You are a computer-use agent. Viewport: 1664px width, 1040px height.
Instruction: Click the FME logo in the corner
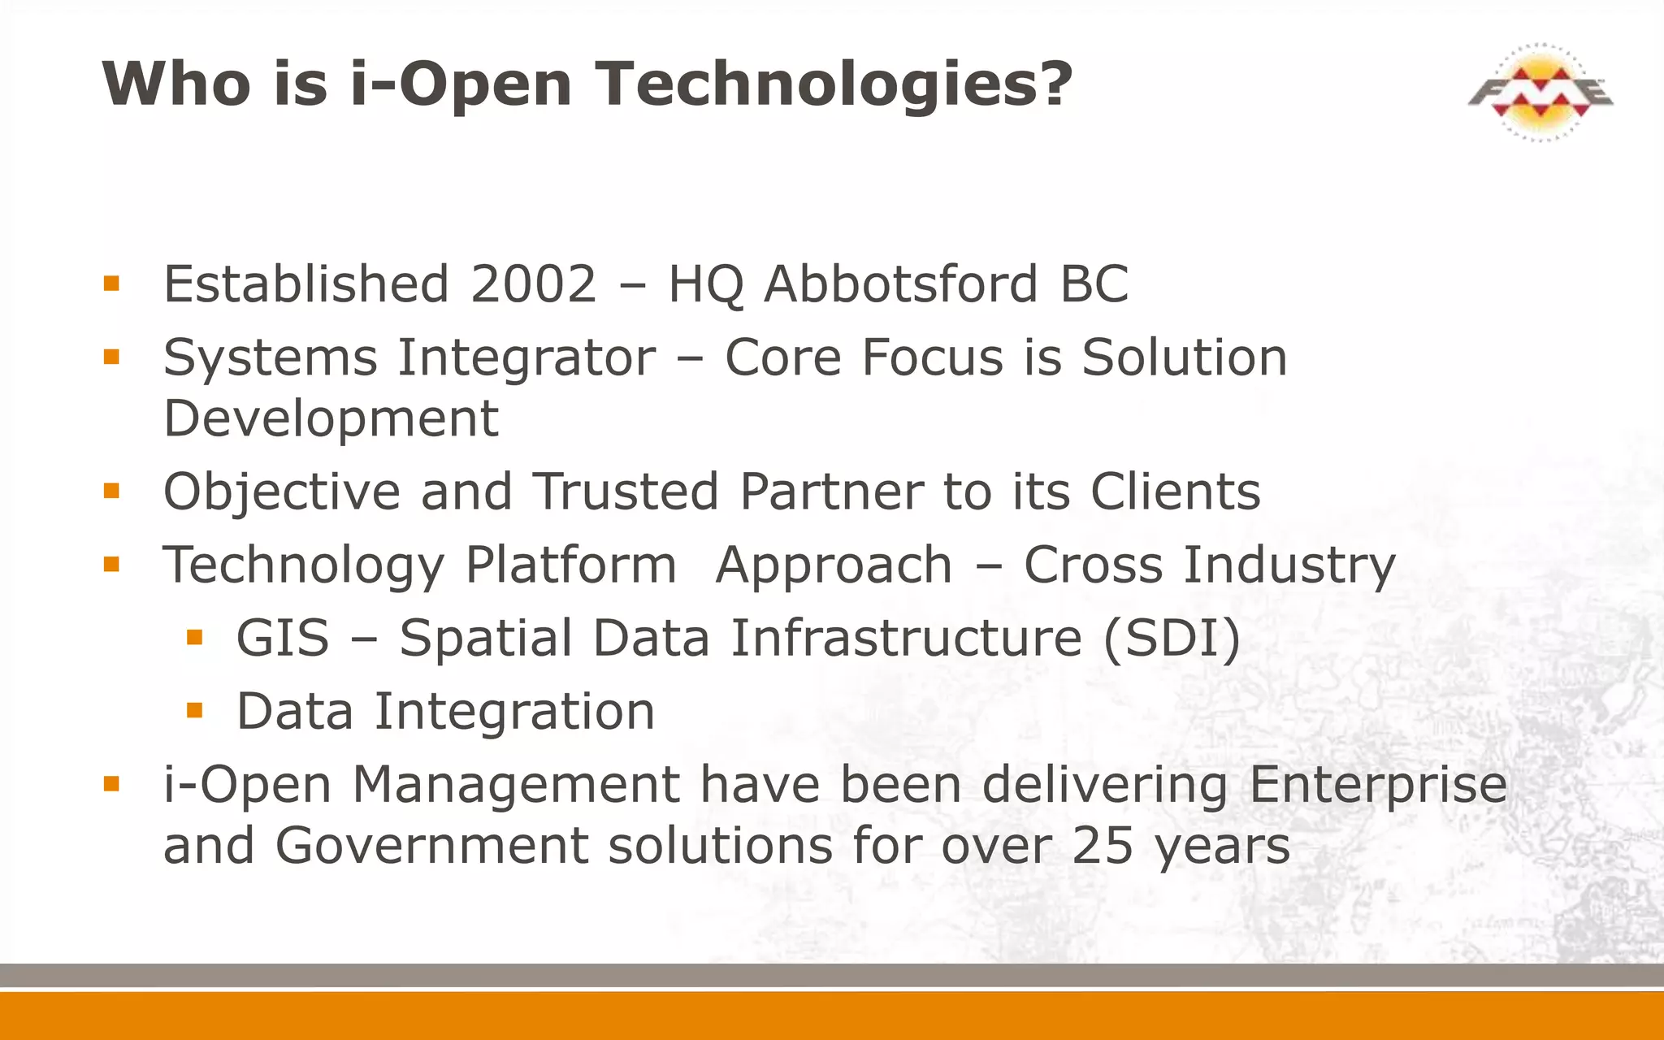pos(1540,93)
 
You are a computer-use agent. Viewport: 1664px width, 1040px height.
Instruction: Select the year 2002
pos(534,284)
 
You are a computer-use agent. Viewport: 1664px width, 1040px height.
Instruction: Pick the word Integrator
pos(526,357)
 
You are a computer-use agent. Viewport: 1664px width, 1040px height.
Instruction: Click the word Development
pos(331,419)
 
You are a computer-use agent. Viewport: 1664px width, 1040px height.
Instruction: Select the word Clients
pos(1175,492)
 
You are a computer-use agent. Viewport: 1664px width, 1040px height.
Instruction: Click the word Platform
pos(570,565)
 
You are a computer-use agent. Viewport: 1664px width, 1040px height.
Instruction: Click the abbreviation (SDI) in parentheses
pos(1172,639)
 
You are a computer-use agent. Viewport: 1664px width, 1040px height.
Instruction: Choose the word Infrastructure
pos(906,639)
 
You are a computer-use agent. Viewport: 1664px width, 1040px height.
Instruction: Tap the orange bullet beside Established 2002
pos(111,284)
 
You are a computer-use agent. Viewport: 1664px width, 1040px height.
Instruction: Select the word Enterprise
pos(1378,785)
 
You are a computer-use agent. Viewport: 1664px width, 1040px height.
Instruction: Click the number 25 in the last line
pos(1103,847)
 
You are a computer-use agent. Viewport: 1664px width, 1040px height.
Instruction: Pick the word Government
pos(432,847)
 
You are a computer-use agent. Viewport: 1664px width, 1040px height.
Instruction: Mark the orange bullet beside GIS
pos(194,638)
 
